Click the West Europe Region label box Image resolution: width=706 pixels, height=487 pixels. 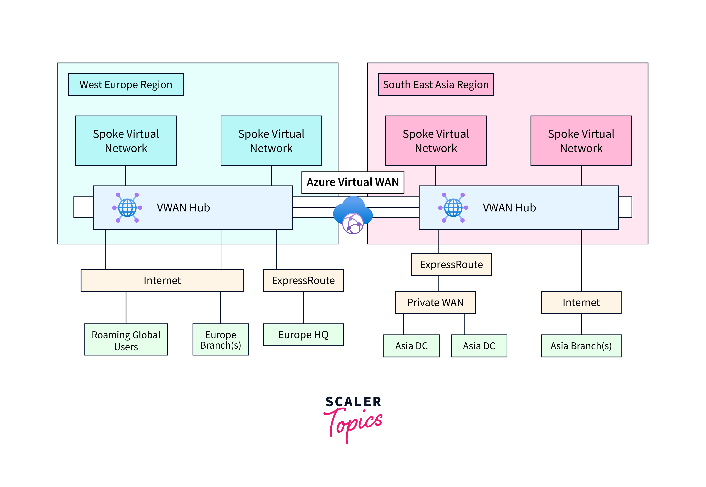coord(126,84)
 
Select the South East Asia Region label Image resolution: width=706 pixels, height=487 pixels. coord(435,84)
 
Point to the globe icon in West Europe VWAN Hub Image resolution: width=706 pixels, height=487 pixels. coord(127,207)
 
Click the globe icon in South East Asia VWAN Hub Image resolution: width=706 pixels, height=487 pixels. coord(453,207)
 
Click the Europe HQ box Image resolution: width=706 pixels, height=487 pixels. coord(303,335)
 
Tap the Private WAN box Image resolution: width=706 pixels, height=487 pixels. coord(435,302)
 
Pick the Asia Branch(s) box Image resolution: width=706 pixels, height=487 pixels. coord(581,346)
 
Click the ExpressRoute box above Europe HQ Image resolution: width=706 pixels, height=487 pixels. coord(303,280)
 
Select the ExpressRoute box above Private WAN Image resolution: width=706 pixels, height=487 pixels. coord(451,265)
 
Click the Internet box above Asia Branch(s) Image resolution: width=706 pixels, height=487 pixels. coord(581,302)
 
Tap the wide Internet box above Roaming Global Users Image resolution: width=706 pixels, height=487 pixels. coord(162,280)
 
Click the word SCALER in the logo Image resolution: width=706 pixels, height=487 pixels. coord(353,402)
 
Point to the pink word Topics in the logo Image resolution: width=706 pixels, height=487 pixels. coord(354,423)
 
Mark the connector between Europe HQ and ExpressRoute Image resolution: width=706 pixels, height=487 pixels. coord(303,308)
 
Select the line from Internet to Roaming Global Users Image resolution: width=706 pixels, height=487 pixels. coord(126,308)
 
